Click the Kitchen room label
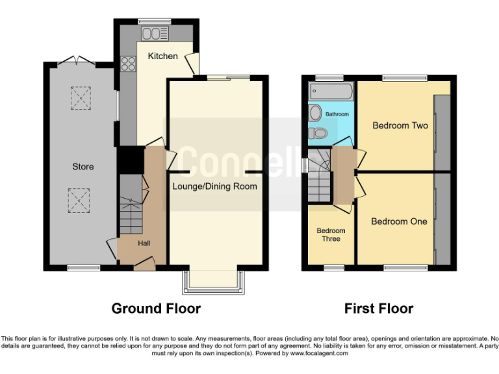162,56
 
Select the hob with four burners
127,64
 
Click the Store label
83,167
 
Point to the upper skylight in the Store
81,98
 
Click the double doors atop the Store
76,62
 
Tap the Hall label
144,243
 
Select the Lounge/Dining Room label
214,186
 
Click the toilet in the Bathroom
318,132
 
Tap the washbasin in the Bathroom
315,113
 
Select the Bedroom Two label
400,125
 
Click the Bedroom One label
399,221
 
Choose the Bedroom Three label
331,234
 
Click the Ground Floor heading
156,308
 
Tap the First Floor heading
379,308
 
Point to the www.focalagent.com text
319,353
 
